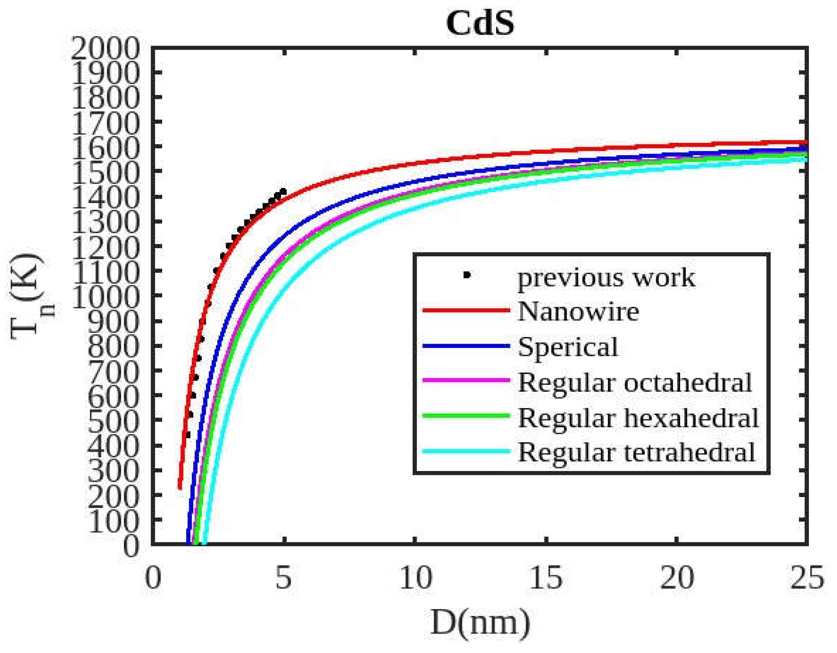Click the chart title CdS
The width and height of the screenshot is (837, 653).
click(x=480, y=23)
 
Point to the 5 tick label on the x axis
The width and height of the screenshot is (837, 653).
click(x=284, y=578)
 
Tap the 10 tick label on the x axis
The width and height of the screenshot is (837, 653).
click(x=415, y=578)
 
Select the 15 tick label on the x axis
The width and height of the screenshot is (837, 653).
click(x=546, y=578)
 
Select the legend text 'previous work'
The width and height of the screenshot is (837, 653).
click(x=606, y=277)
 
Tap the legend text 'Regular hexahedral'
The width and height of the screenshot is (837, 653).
click(x=638, y=417)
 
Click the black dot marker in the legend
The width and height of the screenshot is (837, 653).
click(x=466, y=275)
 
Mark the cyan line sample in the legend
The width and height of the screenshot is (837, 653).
click(x=466, y=451)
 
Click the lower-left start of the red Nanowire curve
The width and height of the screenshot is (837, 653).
click(x=179, y=487)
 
